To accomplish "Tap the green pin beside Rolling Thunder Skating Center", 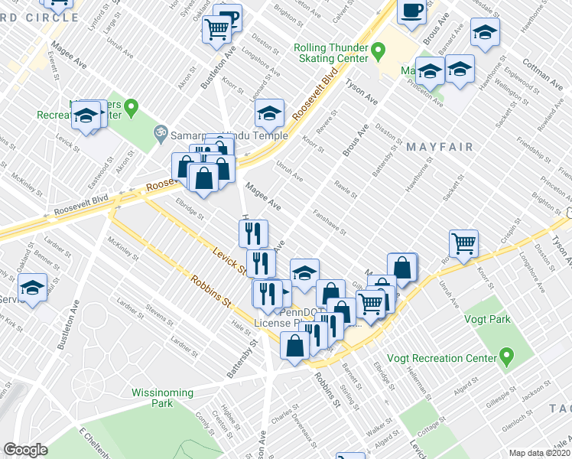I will tap(378, 53).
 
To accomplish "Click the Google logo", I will tap(25, 450).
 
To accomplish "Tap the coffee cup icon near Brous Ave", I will tap(412, 11).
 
